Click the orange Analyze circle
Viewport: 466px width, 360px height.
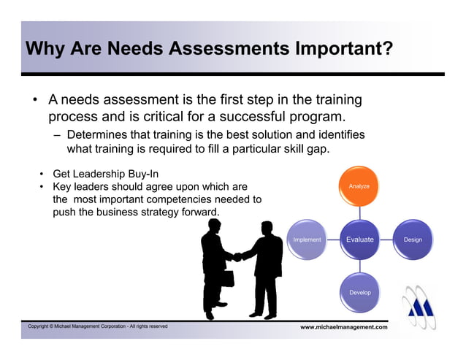click(359, 187)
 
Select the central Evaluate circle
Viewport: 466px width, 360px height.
click(359, 240)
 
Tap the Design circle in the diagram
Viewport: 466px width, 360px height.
click(412, 240)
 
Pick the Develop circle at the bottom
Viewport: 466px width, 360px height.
click(359, 292)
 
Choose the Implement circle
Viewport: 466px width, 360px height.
click(307, 240)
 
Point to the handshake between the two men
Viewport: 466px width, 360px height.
click(237, 256)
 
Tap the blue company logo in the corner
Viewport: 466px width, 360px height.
click(422, 307)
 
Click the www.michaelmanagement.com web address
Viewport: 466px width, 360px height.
click(344, 327)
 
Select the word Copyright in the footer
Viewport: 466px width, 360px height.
click(41, 326)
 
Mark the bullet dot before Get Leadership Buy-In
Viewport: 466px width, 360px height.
click(42, 174)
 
